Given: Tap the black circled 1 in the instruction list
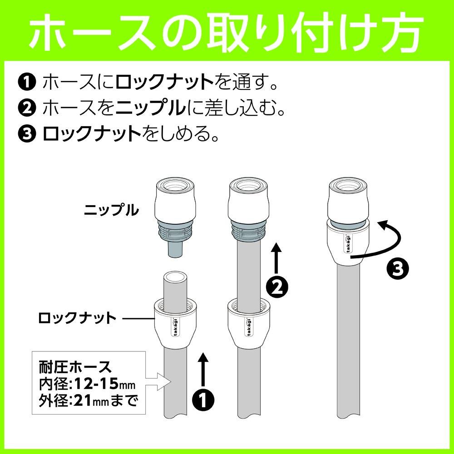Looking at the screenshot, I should pos(27,83).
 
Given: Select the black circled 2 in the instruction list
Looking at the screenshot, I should pos(27,108).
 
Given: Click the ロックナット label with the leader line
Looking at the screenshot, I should pos(78,318).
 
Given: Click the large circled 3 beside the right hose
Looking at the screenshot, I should pos(396,269).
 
